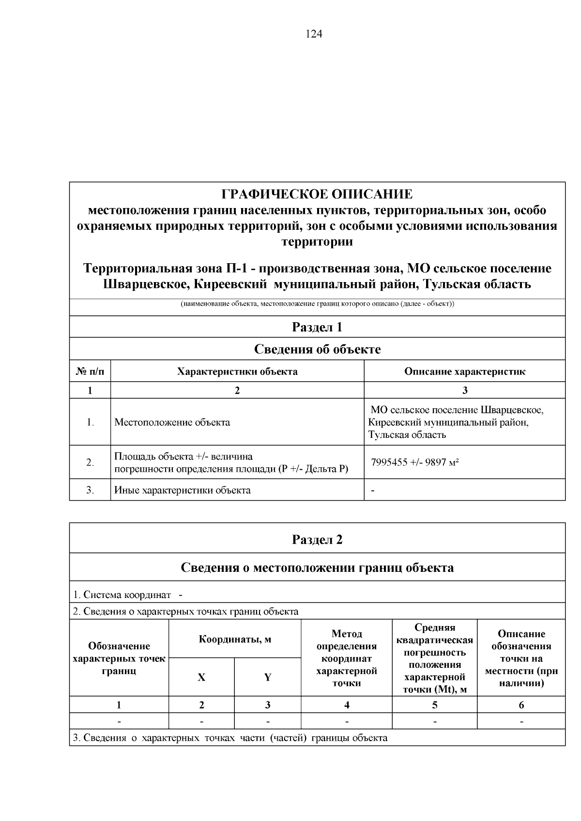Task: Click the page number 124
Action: [x=314, y=34]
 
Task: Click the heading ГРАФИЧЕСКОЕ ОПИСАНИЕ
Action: [x=317, y=194]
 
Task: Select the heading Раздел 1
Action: [x=317, y=328]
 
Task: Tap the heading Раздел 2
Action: [x=317, y=539]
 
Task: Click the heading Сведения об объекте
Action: [x=317, y=349]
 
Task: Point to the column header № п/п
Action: [x=90, y=372]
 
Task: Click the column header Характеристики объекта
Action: [x=237, y=372]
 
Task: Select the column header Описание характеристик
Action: [x=464, y=372]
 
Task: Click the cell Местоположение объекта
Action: [x=172, y=422]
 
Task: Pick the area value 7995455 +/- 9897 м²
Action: [x=415, y=463]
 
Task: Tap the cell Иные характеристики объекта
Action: [x=183, y=490]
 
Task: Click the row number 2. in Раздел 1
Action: [x=90, y=463]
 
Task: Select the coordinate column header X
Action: [x=201, y=677]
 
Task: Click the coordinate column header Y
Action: [x=268, y=677]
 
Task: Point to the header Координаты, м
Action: [x=235, y=640]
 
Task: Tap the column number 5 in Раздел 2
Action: [x=434, y=705]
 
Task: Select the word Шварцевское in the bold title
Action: [x=146, y=284]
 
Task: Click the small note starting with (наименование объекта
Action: [x=317, y=304]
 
